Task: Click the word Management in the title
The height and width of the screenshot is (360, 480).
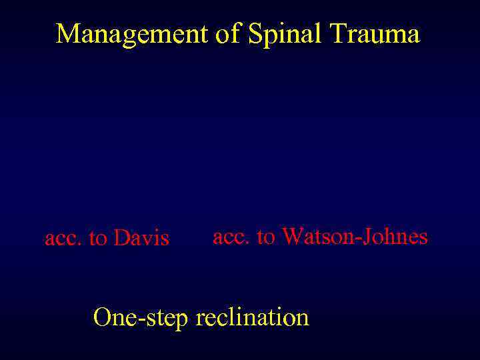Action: tap(131, 34)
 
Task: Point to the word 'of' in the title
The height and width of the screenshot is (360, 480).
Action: tap(227, 34)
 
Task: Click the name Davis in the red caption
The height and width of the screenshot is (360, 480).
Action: tap(141, 238)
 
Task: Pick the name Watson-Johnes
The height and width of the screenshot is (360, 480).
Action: tap(355, 236)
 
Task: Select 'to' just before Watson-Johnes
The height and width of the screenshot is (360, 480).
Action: tap(267, 237)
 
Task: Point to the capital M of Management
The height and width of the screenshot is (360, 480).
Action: tap(66, 34)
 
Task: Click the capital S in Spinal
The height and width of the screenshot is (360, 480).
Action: tap(255, 34)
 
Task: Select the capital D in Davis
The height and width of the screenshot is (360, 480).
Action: tap(121, 238)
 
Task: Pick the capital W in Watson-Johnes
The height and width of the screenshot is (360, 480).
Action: tap(292, 236)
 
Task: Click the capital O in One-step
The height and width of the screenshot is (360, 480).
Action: tap(103, 317)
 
